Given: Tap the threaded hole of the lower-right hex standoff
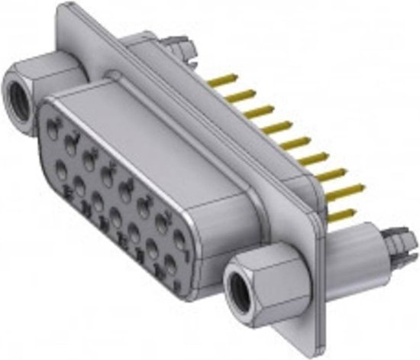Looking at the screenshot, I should (x=245, y=290).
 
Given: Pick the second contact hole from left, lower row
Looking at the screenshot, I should (x=79, y=184).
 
